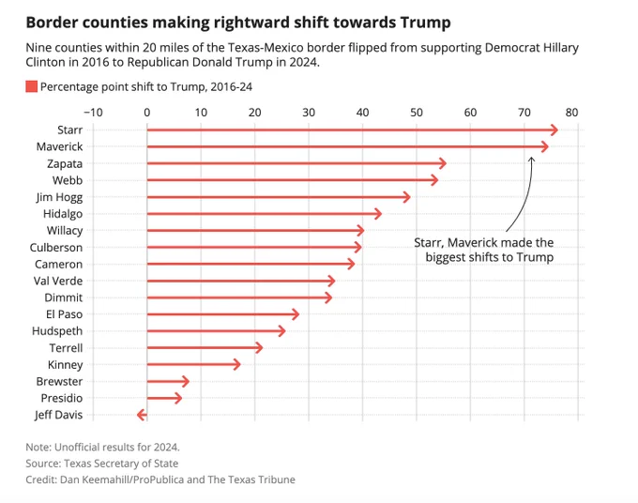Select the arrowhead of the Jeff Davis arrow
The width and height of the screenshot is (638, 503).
(140, 415)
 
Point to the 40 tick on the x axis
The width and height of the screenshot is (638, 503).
(362, 113)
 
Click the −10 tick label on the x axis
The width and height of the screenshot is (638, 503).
(93, 113)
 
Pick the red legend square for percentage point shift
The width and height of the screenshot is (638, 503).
(31, 87)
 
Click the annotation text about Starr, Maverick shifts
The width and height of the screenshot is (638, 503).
(484, 250)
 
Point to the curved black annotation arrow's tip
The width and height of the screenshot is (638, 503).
(531, 157)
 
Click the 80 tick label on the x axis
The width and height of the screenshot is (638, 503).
(572, 113)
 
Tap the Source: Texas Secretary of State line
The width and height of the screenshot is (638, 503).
(102, 463)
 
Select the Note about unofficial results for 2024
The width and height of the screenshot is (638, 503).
(103, 446)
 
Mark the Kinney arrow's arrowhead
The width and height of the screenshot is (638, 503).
(237, 364)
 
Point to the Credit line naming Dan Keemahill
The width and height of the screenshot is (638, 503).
(160, 480)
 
